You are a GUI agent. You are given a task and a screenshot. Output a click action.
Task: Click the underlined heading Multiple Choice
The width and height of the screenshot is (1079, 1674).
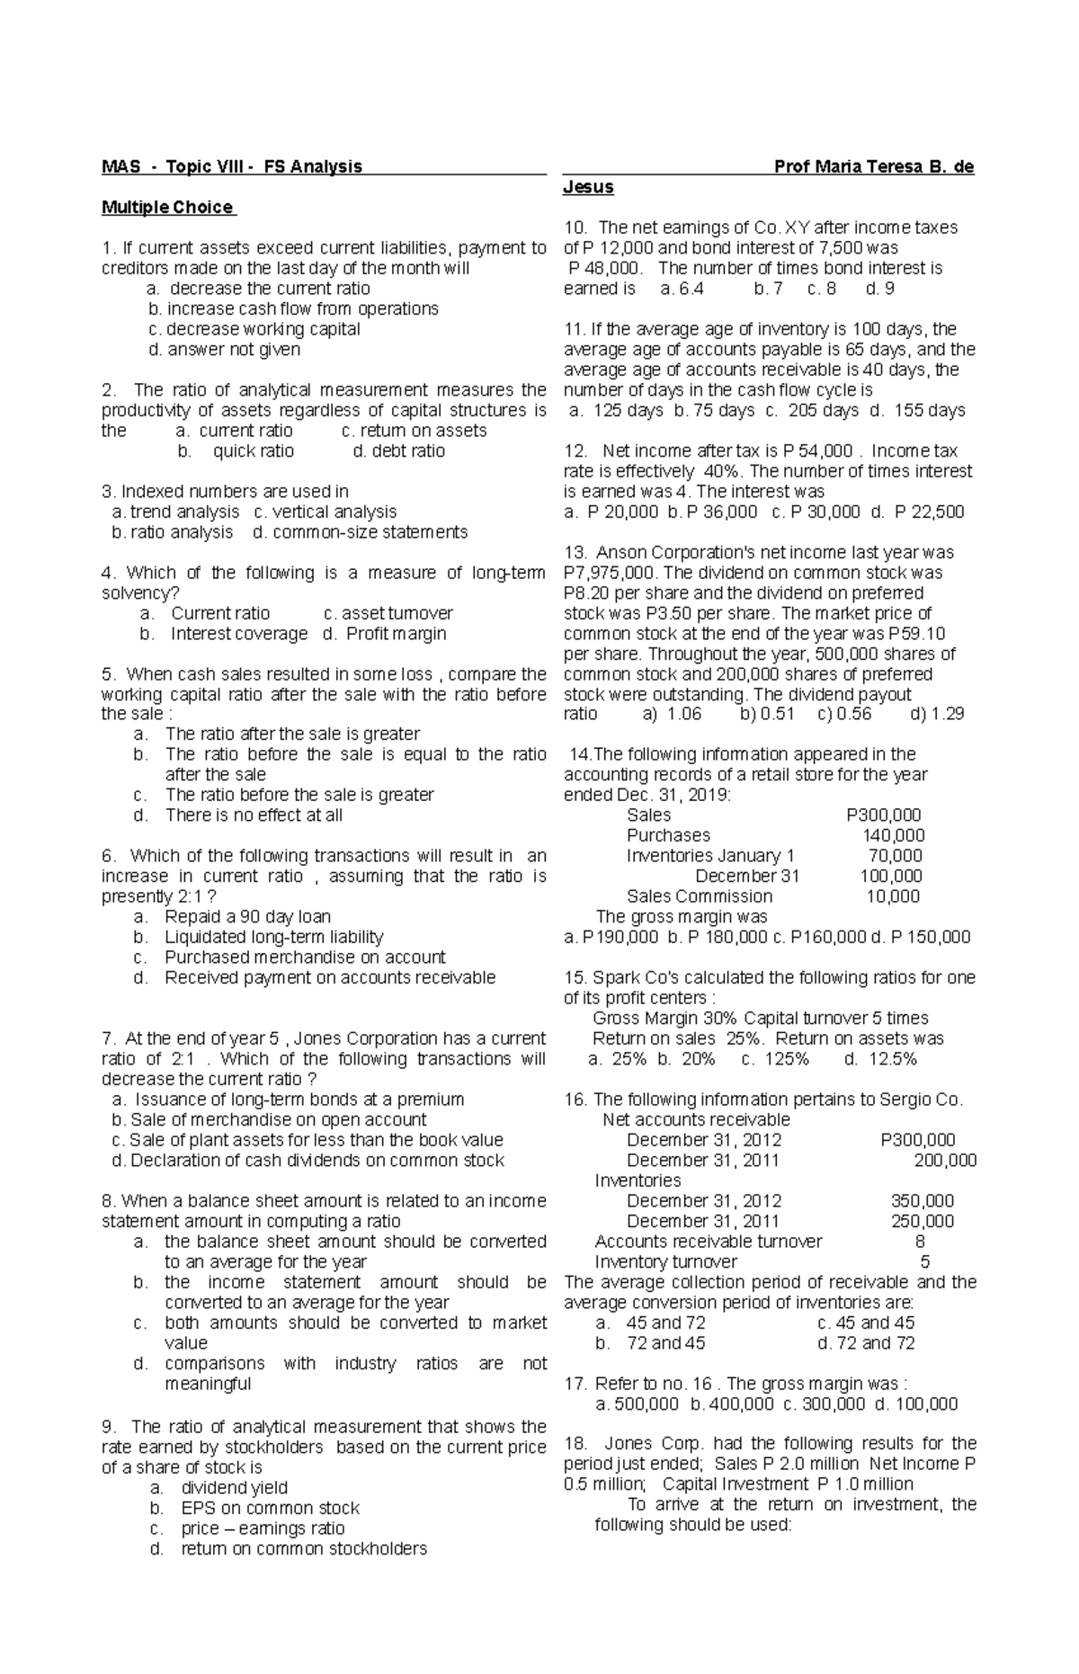[168, 208]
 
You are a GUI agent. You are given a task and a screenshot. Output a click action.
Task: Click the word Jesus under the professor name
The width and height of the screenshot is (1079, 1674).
[588, 187]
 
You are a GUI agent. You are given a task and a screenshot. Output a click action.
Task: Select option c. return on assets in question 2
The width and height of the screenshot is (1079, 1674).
[415, 431]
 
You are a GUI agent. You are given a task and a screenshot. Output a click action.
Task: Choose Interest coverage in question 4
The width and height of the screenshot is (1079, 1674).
[239, 634]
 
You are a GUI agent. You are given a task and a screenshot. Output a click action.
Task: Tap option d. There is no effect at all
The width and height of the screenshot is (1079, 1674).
[254, 815]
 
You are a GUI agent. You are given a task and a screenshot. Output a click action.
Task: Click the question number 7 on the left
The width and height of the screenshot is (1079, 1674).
[108, 1038]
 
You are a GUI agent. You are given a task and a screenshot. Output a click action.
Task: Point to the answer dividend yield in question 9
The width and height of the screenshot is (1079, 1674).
[234, 1488]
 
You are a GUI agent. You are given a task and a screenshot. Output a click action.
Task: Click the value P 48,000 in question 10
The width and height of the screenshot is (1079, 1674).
[606, 268]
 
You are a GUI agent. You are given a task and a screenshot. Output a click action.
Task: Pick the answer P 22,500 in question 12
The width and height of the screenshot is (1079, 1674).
[930, 512]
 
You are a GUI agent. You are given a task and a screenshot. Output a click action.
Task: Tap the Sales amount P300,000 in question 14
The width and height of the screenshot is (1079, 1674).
[884, 815]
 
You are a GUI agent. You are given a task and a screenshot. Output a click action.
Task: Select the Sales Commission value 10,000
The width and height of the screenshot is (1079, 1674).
[893, 896]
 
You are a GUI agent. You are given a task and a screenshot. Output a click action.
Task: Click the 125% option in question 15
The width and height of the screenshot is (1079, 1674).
[787, 1059]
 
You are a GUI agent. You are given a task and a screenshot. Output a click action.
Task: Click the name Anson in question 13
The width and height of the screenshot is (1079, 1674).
[622, 553]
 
